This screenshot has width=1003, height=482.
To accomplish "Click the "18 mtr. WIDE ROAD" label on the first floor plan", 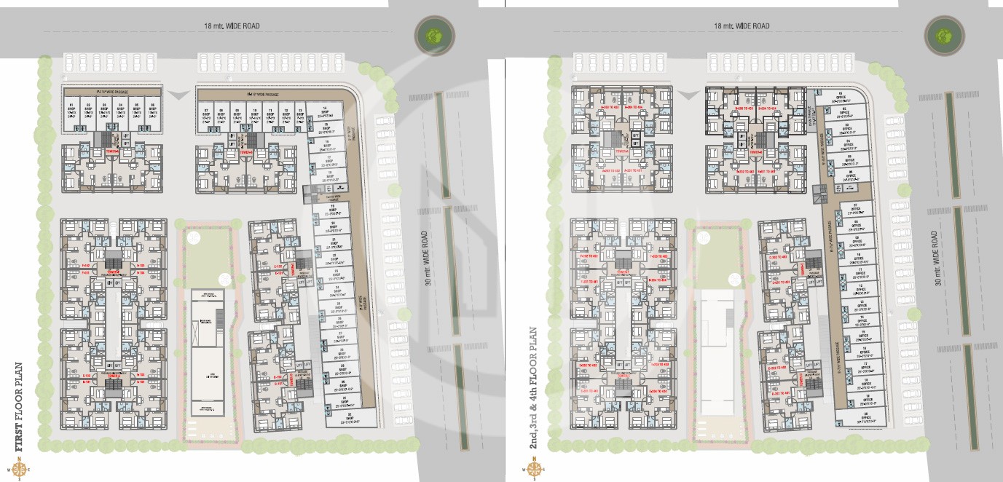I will [x=232, y=26].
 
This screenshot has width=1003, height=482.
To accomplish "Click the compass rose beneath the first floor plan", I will [x=19, y=469].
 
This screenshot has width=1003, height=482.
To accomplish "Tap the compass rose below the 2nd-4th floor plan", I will [x=534, y=469].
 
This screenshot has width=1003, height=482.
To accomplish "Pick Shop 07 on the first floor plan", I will [x=205, y=114].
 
